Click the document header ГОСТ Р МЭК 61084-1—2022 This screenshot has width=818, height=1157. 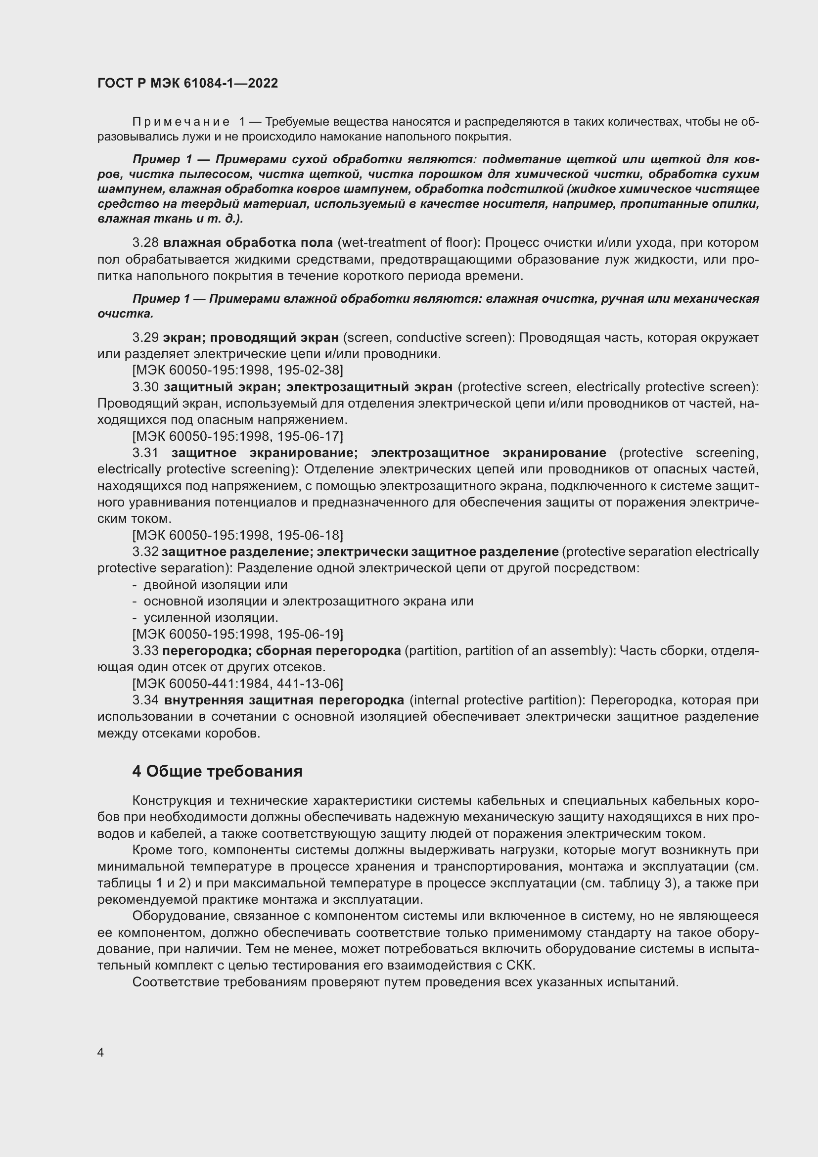[x=187, y=83]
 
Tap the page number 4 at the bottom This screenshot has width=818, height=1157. [x=100, y=1052]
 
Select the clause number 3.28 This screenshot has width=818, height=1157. [x=145, y=243]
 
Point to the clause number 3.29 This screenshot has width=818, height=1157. [x=145, y=338]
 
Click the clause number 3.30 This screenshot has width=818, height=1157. [x=145, y=387]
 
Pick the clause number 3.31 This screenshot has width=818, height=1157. [x=145, y=453]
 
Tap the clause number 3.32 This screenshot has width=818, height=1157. [x=145, y=552]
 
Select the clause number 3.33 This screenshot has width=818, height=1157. [x=145, y=650]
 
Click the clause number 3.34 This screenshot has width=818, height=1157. [x=145, y=700]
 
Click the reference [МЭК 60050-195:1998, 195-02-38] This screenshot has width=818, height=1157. [x=237, y=370]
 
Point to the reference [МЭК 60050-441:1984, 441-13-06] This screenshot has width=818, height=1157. [x=237, y=683]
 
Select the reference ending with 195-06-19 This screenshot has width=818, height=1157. [x=237, y=634]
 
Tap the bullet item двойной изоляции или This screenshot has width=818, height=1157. [x=215, y=585]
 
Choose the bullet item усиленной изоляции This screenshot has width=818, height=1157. [x=211, y=618]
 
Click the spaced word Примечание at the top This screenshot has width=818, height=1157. [x=181, y=122]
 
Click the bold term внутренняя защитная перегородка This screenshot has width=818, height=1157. [x=284, y=700]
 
